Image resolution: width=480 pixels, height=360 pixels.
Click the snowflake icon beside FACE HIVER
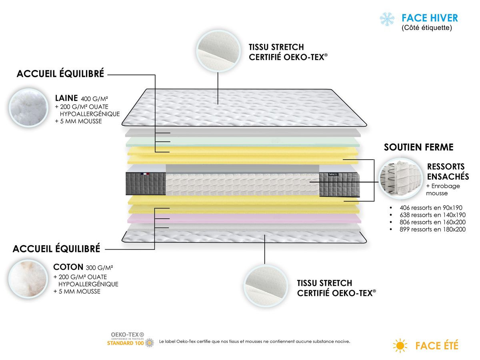[x=387, y=19]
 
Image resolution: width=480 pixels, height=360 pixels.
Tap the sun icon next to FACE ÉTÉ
[x=400, y=345]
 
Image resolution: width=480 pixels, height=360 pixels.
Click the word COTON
[x=68, y=267]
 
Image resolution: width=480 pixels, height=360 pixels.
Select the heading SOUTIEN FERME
[x=418, y=147]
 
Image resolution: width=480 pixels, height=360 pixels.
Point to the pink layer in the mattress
[x=244, y=218]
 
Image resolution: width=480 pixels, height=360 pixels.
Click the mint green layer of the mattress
[x=244, y=142]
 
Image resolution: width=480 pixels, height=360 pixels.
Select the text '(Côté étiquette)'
[x=427, y=28]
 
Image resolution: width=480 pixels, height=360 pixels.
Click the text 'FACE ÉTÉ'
[x=437, y=345]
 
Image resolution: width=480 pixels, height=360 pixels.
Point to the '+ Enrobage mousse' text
[x=443, y=190]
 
